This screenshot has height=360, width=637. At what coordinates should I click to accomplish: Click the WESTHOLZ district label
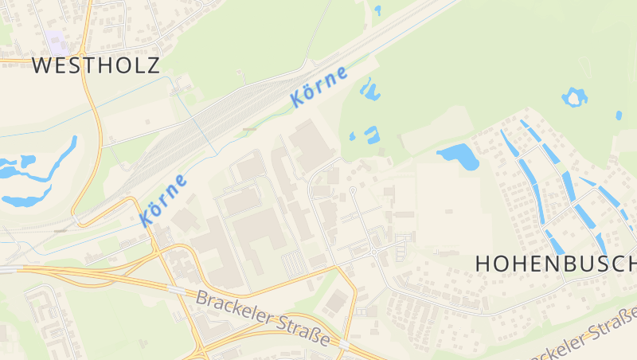(96, 65)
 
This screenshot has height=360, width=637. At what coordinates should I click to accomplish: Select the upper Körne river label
(319, 87)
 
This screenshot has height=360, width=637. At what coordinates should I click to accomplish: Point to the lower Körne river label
(164, 200)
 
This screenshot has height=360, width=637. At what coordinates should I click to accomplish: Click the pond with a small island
(574, 98)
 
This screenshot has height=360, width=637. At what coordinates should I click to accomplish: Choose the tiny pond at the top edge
(377, 10)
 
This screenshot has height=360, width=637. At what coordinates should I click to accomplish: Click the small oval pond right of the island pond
(619, 115)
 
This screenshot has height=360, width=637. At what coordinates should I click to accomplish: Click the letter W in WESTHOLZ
(42, 65)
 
